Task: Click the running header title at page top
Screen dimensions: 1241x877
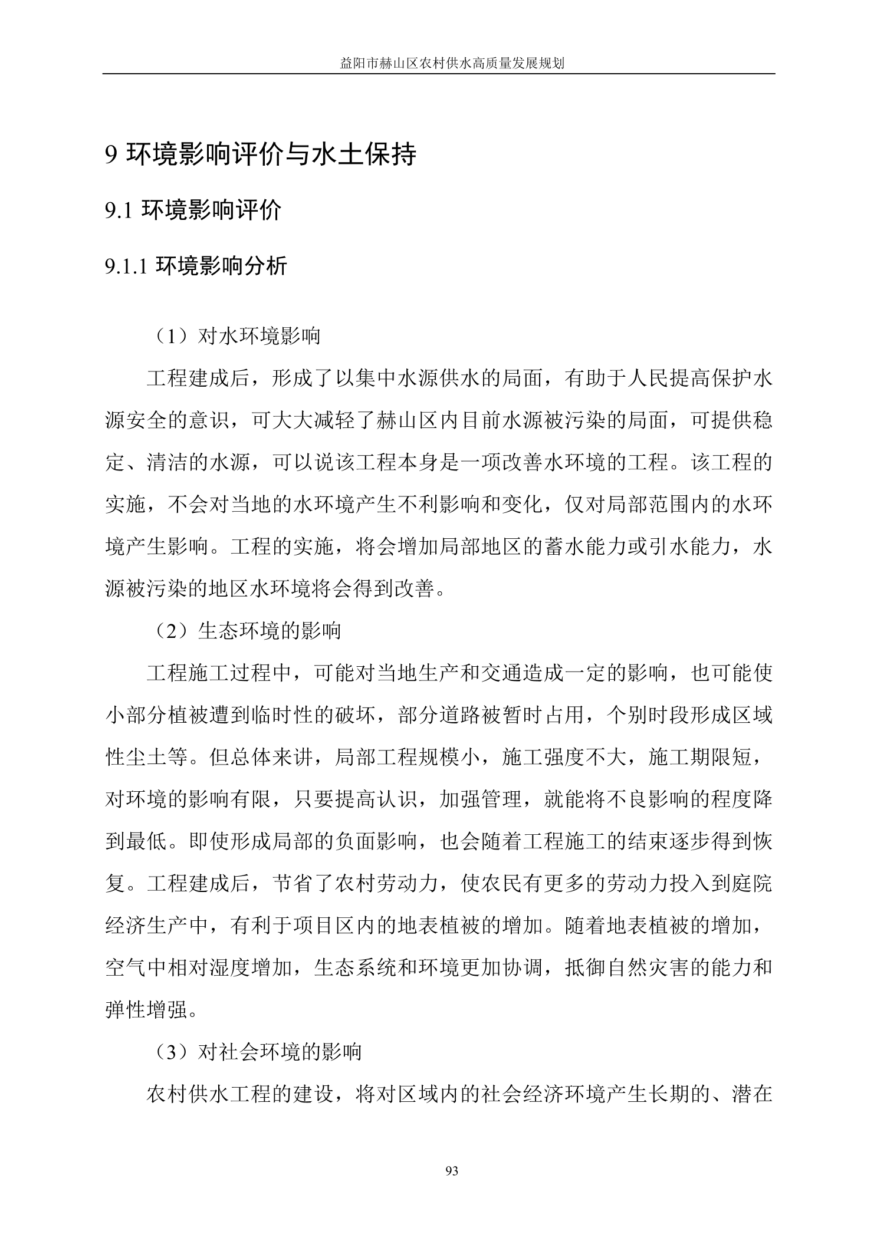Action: (x=452, y=64)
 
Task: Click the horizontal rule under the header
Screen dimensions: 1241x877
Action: (x=438, y=74)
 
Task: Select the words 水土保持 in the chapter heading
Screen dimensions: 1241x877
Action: (x=368, y=154)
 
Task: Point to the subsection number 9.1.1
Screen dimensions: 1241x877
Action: (x=125, y=267)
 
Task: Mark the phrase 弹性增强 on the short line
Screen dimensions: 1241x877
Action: (x=147, y=1010)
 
